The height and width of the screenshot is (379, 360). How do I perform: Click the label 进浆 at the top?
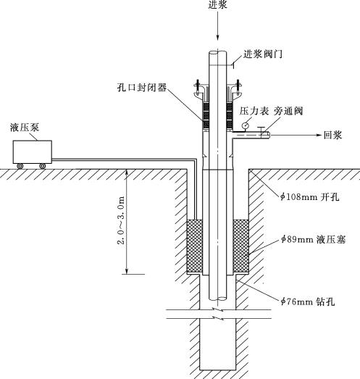pos(218,4)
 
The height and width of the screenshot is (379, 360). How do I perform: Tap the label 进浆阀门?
pos(263,54)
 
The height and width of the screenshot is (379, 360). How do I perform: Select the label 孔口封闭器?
pos(142,87)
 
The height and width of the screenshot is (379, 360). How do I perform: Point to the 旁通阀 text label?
pos(288,111)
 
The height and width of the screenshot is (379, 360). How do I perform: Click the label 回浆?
pos(333,135)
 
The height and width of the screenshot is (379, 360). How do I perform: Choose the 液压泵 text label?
pos(25,128)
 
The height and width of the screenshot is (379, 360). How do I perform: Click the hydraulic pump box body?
pos(33,151)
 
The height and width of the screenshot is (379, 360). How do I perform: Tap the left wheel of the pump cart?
pos(20,166)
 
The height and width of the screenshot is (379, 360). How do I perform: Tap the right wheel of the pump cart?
pos(42,166)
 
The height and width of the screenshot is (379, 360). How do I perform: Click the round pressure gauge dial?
pos(246,125)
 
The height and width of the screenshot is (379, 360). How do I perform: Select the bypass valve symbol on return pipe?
pos(261,132)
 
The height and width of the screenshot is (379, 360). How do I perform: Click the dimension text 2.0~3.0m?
pos(121,220)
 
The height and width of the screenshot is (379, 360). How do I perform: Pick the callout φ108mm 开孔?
pos(310,197)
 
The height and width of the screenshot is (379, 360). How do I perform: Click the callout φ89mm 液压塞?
pos(314,240)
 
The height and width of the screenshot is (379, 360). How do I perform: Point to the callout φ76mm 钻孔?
pos(308,301)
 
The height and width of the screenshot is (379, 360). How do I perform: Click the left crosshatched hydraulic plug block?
pos(195,246)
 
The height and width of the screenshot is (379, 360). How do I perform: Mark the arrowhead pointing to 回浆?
pos(319,135)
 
